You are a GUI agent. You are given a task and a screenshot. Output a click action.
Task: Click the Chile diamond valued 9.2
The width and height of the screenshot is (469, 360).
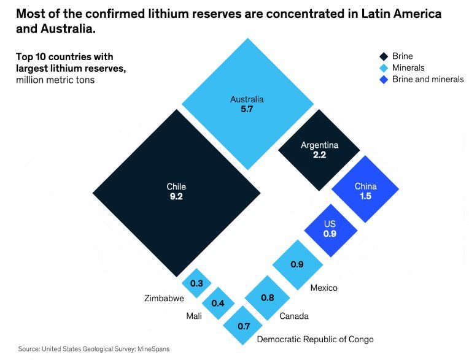pyautogui.click(x=176, y=192)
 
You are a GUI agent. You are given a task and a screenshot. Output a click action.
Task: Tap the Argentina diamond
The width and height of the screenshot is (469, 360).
pyautogui.click(x=319, y=150)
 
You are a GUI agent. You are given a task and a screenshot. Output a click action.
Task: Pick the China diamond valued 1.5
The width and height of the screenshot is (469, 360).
pyautogui.click(x=365, y=190)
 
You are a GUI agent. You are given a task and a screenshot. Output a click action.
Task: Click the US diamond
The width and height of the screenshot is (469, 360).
pyautogui.click(x=330, y=229)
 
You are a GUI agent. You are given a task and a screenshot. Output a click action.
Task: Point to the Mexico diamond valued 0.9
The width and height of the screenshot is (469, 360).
pyautogui.click(x=297, y=264)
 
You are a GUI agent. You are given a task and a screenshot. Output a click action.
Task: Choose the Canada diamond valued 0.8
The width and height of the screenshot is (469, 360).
pyautogui.click(x=267, y=297)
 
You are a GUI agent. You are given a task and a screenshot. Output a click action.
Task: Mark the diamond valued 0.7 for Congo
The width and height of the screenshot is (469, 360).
pyautogui.click(x=243, y=326)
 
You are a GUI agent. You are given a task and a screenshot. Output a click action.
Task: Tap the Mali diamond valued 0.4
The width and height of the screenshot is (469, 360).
pyautogui.click(x=218, y=304)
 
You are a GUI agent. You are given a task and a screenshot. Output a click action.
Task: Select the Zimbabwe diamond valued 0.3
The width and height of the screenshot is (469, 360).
pyautogui.click(x=197, y=283)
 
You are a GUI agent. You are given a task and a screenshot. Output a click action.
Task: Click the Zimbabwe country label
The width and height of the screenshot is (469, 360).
pyautogui.click(x=165, y=299)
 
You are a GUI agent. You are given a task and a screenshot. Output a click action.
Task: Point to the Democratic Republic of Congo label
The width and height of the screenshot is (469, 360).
pyautogui.click(x=315, y=339)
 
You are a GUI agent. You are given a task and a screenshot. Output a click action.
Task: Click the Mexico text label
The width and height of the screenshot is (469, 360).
pyautogui.click(x=324, y=288)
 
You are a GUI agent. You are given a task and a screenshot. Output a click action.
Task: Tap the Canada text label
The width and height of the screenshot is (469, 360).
pyautogui.click(x=294, y=316)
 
